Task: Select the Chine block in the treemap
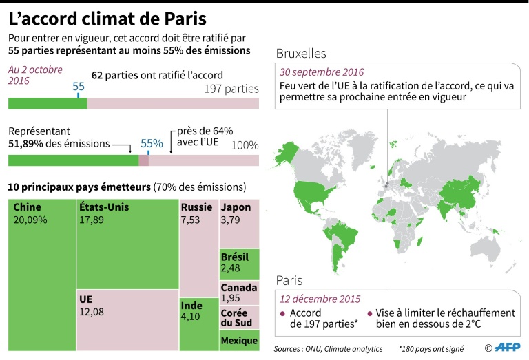point(41,275)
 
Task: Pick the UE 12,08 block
point(127,320)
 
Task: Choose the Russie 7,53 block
point(198,248)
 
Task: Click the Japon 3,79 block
point(239,224)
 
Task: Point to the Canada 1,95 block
point(239,293)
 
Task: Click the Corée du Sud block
point(239,317)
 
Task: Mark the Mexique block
point(239,341)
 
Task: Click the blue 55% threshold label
point(152,144)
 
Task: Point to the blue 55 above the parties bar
point(79,87)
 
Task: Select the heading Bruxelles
point(301,54)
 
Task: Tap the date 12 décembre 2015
point(320,299)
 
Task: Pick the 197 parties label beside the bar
point(231,89)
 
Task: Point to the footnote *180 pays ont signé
point(431,348)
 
